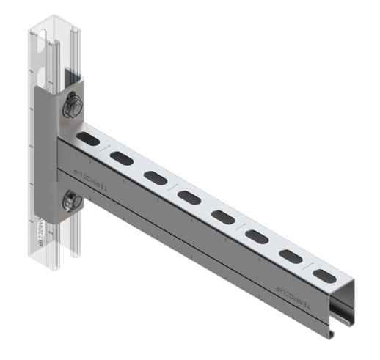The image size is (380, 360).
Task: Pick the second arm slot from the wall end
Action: pos(120,156)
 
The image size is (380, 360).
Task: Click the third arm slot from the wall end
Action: pos(155,176)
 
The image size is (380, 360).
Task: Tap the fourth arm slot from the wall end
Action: pos(189,196)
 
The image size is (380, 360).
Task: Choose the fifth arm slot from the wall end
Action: pos(222,216)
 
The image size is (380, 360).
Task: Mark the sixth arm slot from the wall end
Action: pos(256,236)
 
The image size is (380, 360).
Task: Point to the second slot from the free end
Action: pos(291,256)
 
